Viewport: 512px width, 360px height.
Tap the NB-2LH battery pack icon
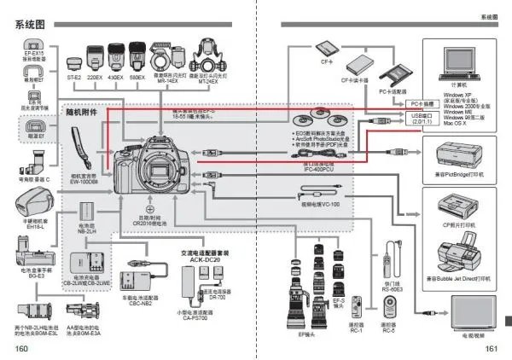pyautogui.click(x=86, y=211)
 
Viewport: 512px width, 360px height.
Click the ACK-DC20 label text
pyautogui.click(x=204, y=258)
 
